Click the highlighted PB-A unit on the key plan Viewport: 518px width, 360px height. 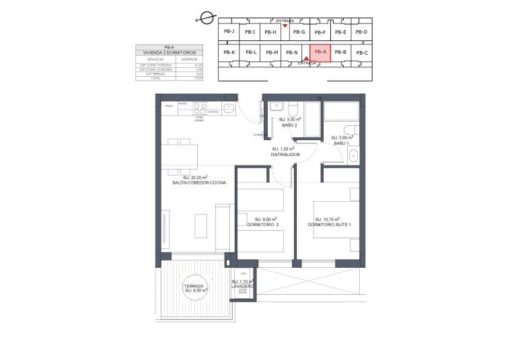coord(320,52)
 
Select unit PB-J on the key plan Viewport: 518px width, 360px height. coord(229,31)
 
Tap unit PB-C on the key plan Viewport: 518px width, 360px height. coord(362,52)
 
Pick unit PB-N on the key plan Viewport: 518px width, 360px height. coord(291,52)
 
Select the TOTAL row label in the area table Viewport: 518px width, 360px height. coord(155,78)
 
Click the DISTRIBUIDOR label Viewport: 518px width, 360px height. coord(285,154)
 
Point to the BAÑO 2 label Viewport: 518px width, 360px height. coord(288,124)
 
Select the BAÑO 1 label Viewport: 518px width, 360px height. coord(342,143)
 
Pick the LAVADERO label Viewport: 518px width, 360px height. coord(242,286)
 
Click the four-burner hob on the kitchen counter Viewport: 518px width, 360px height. coord(200,106)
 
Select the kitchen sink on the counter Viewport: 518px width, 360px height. coord(229,106)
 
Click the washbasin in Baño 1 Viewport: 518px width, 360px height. coord(354,155)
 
